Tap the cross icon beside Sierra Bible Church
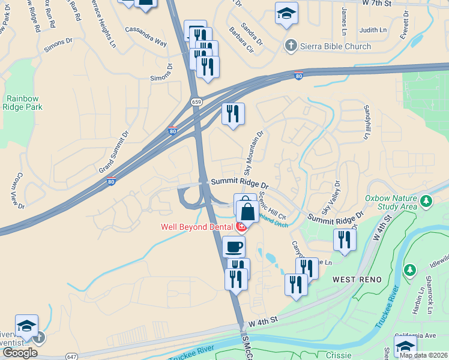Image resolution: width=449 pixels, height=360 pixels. [x=291, y=46]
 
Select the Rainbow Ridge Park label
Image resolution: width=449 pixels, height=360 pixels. [x=23, y=103]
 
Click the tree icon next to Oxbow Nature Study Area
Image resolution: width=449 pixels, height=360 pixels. [x=426, y=200]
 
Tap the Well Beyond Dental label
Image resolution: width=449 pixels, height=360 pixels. [x=197, y=227]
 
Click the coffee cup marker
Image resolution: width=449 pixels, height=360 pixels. [x=234, y=245]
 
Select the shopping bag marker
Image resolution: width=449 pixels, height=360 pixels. [x=247, y=211]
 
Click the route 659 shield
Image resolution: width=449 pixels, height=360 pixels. [x=196, y=102]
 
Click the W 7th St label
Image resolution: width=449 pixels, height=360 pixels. [x=377, y=4]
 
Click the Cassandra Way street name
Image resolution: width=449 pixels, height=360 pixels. [x=145, y=35]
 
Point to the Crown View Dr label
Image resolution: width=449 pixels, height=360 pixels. [x=17, y=190]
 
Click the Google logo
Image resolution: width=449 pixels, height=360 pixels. [x=20, y=353]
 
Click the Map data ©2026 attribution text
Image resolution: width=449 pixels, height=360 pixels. [x=423, y=355]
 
